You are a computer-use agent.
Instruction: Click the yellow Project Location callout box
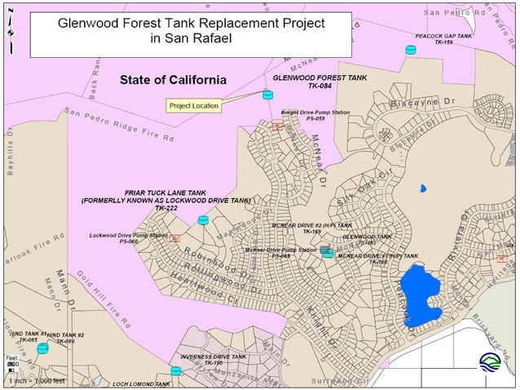193,105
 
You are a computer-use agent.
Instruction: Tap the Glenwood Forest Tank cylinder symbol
267,95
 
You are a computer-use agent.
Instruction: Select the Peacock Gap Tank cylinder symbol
410,50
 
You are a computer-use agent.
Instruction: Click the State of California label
172,80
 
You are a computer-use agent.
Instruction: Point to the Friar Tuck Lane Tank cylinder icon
203,220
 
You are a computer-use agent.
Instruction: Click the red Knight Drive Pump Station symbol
278,126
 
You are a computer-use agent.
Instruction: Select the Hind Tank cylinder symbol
42,348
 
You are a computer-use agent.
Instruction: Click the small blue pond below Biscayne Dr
422,188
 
